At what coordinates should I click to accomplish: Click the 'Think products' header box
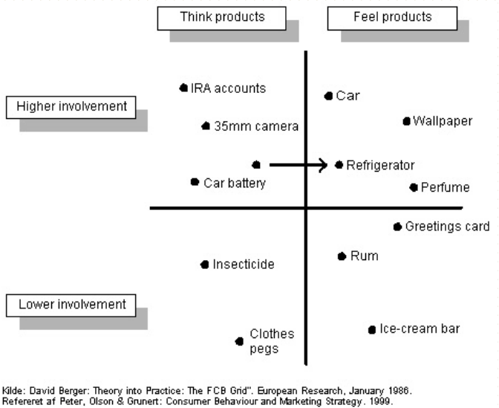222,18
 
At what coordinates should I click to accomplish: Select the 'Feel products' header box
392,18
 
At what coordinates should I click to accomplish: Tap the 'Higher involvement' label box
71,107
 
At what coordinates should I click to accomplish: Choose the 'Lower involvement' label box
72,305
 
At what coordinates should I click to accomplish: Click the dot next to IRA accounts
183,88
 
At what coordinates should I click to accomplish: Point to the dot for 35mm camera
206,126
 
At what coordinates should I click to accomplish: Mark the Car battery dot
195,182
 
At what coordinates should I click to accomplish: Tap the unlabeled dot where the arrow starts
256,165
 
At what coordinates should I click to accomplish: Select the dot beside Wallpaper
406,121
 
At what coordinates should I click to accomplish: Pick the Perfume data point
414,187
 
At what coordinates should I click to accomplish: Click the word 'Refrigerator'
380,165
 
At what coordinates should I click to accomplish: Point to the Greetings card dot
397,227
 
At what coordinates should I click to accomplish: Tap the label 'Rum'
364,256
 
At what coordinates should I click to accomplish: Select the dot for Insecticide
205,265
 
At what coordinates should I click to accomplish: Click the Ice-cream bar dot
372,329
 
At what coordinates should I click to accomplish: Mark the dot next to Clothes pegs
239,342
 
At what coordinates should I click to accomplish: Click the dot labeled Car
328,96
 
